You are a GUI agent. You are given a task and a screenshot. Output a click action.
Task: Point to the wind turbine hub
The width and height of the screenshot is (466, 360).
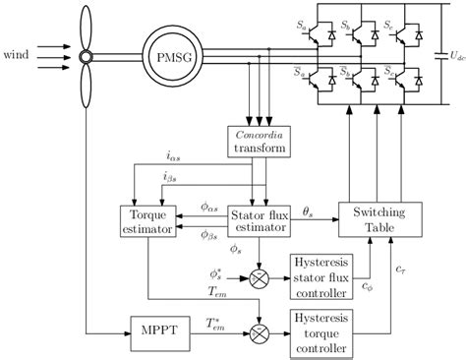pyautogui.click(x=86, y=56)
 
